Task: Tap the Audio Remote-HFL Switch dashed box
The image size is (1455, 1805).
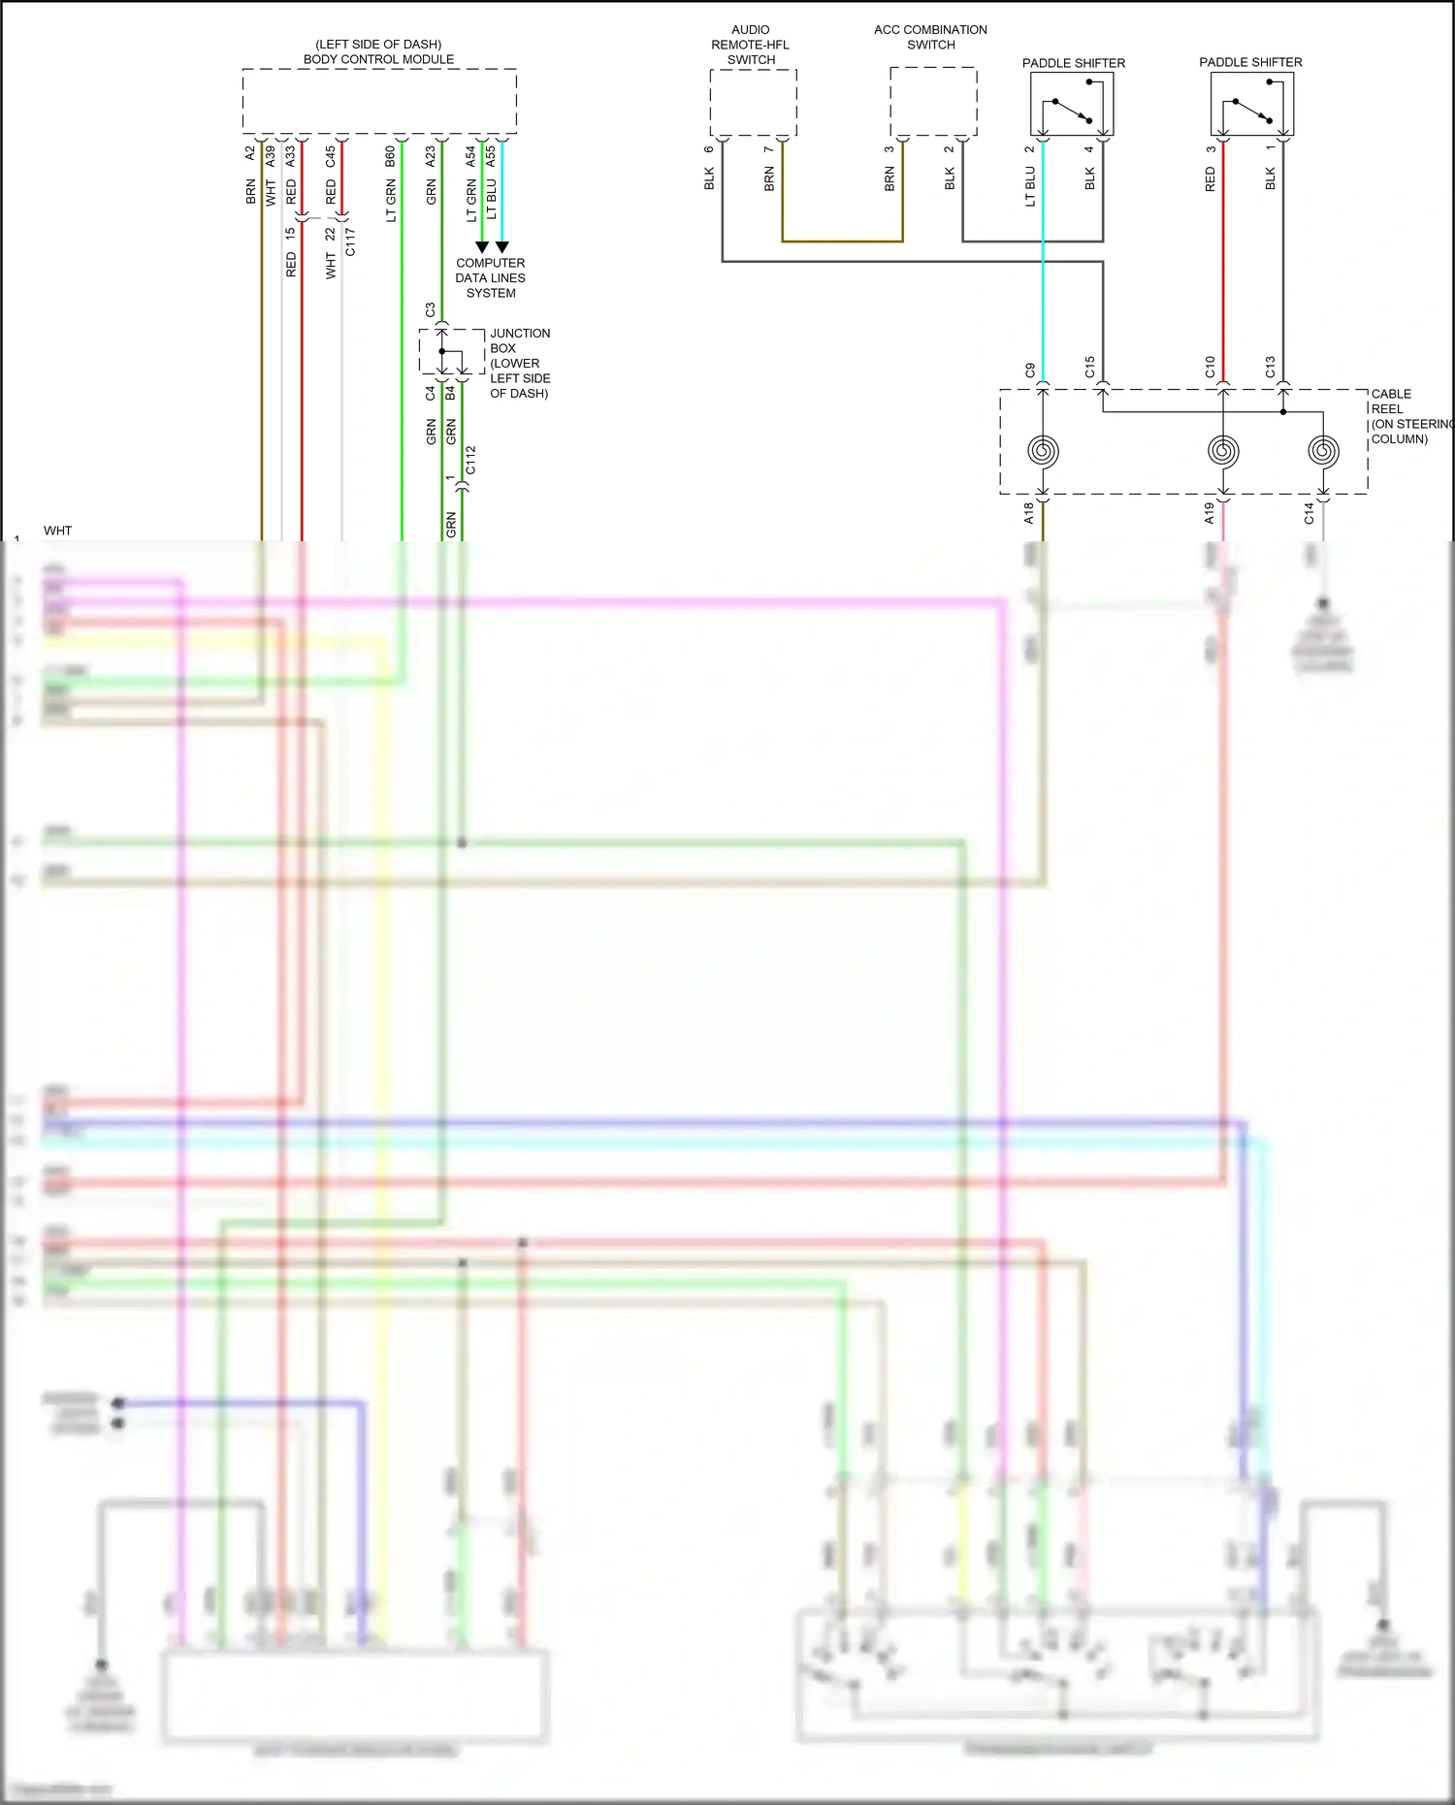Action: [x=753, y=102]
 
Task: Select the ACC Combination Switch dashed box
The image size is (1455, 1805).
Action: [x=933, y=101]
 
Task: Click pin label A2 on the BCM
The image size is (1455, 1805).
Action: [x=250, y=153]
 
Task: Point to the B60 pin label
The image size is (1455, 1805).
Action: [x=390, y=156]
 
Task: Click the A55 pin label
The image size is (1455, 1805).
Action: [x=491, y=155]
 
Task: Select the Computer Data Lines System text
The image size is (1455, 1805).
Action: [x=491, y=278]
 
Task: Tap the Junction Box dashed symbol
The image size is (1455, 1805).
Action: [x=451, y=351]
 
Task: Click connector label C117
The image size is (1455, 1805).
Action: [x=350, y=242]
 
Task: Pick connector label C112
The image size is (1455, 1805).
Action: [x=470, y=460]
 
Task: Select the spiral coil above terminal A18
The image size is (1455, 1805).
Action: [x=1043, y=450]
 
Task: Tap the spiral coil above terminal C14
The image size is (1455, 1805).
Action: [x=1323, y=450]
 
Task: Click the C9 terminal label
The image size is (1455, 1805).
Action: [x=1030, y=370]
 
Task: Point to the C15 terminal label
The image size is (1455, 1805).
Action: [x=1089, y=367]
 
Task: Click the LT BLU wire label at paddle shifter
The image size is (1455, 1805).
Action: [x=1030, y=186]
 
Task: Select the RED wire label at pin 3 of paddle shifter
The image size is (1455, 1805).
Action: [x=1210, y=178]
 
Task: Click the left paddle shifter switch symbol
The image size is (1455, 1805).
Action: [x=1072, y=105]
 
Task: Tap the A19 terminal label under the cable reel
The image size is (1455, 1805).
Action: [x=1210, y=513]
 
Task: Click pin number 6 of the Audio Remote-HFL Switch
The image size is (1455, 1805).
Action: [x=709, y=148]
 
